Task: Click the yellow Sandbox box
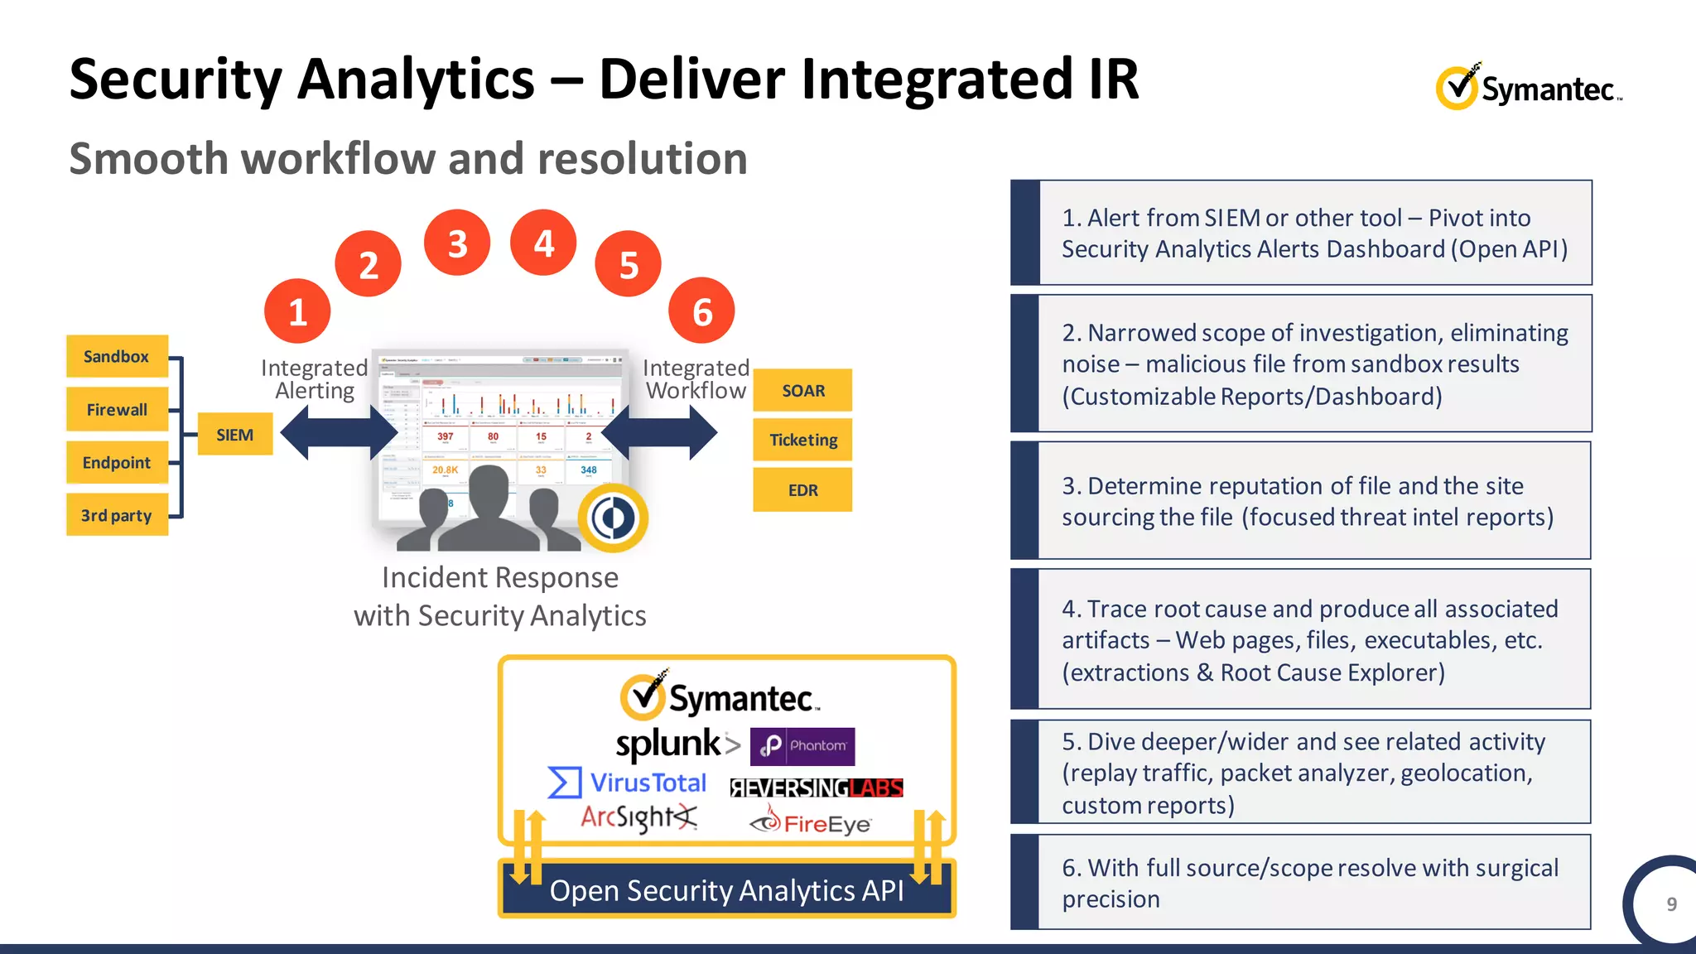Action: pos(117,357)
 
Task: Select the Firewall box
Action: pos(117,410)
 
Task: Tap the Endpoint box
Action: pos(117,463)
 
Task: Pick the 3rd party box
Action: pos(117,516)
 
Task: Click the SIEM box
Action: pos(235,435)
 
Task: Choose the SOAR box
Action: pos(802,391)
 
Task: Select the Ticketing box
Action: pos(802,440)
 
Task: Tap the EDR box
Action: pos(802,490)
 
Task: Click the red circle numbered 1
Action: pos(297,312)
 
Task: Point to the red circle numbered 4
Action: pos(543,243)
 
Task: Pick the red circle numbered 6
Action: pos(701,312)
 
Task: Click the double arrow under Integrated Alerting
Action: pos(339,432)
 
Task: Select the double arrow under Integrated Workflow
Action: pos(659,432)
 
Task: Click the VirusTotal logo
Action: pos(628,783)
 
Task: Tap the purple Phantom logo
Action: pos(802,746)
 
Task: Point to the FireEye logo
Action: pos(811,821)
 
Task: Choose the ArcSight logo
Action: pos(638,818)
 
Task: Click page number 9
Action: pos(1671,904)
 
